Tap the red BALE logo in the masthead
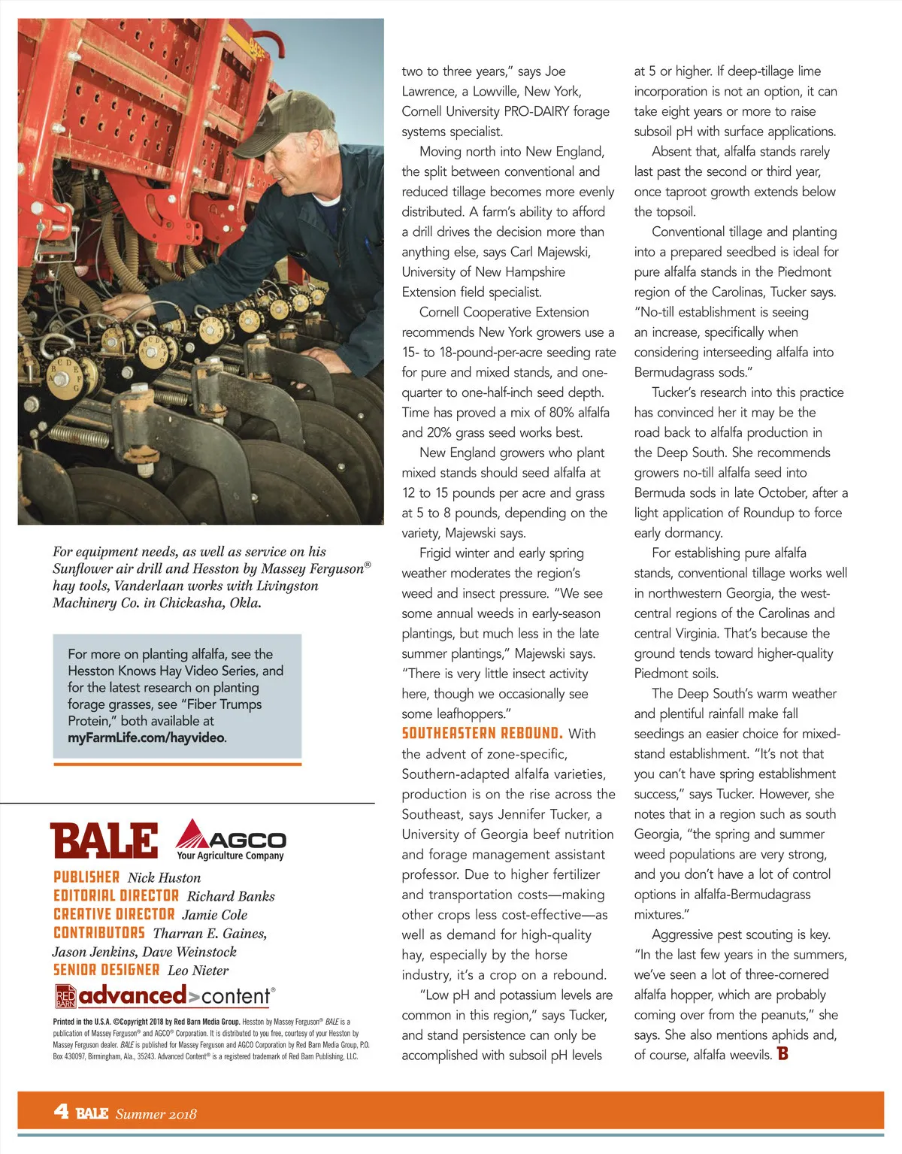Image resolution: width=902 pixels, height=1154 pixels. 104,841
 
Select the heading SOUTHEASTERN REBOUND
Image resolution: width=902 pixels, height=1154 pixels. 482,733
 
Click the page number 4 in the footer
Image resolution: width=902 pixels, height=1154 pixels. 61,1111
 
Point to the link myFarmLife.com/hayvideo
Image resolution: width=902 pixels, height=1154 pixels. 147,738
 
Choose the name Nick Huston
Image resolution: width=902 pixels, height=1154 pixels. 164,877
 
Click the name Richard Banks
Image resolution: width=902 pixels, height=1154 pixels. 231,896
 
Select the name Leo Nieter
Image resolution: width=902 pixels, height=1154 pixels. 198,971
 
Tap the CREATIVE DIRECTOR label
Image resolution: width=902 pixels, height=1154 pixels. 114,914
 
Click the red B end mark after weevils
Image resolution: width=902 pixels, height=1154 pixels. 782,1053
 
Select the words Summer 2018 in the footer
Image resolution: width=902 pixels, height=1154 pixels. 156,1113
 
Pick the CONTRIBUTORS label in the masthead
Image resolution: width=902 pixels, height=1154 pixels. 98,933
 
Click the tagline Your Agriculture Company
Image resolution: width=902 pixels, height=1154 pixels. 230,856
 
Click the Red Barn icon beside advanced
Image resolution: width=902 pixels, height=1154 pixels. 65,997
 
